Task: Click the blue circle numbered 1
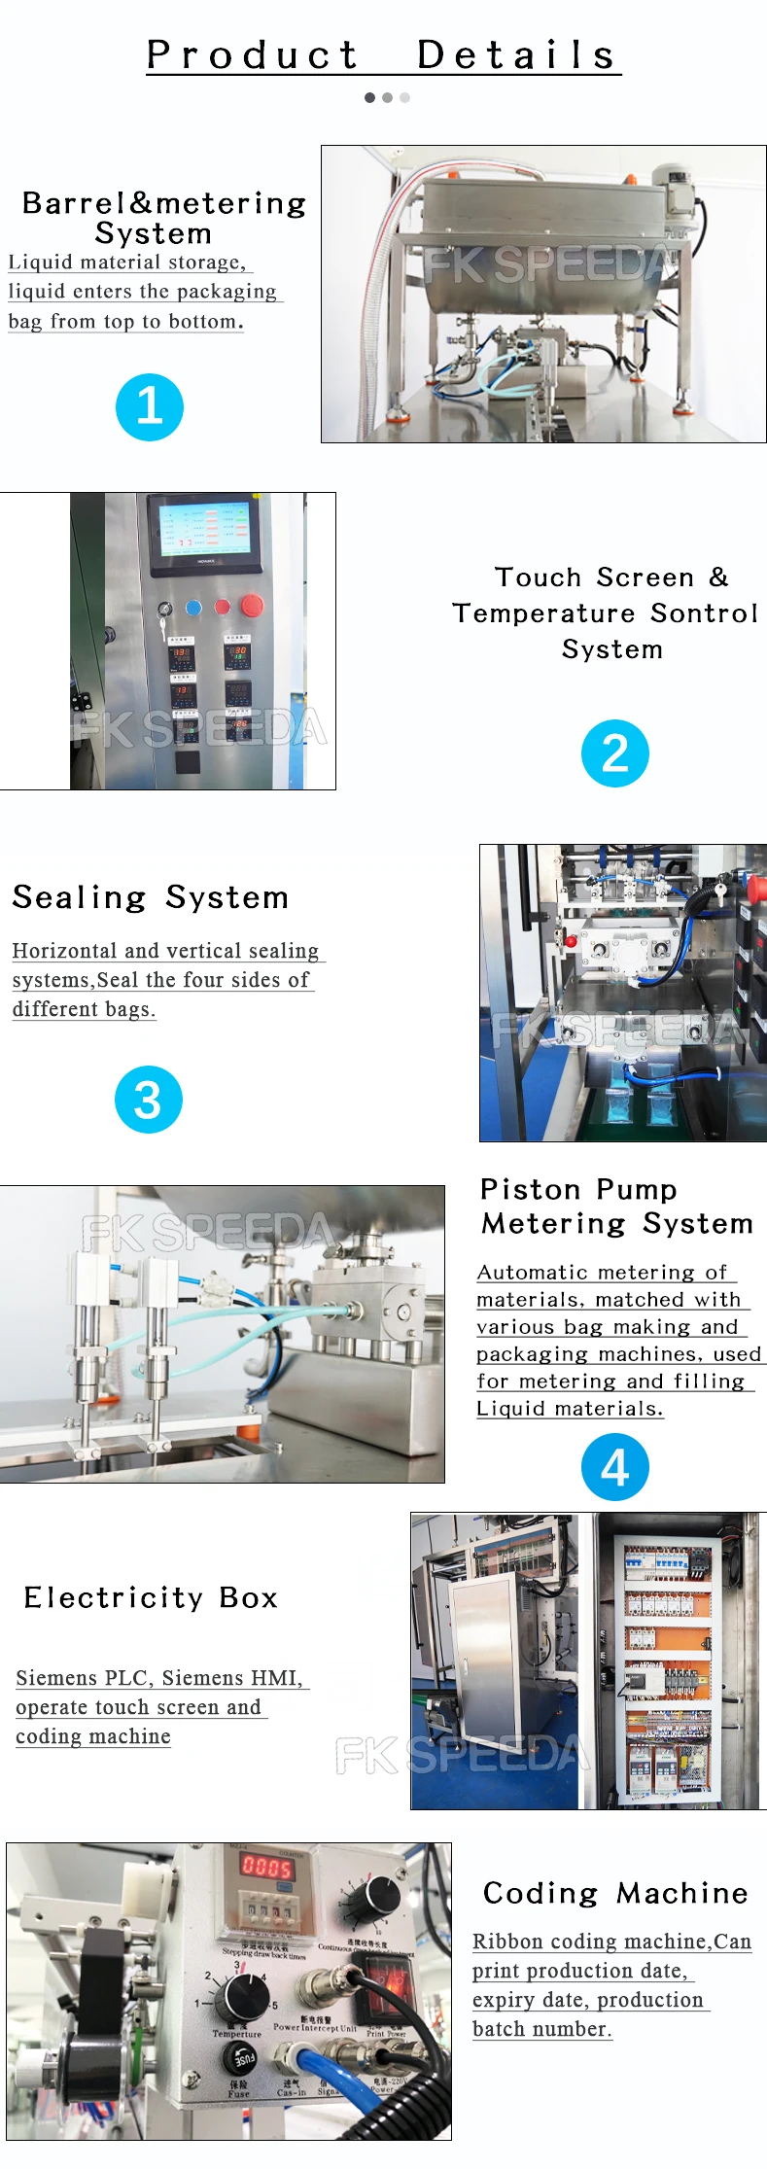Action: (x=149, y=406)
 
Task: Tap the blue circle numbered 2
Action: (x=614, y=753)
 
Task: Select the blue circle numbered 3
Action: (x=148, y=1100)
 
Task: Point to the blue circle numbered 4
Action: (x=614, y=1467)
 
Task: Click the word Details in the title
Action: (x=516, y=55)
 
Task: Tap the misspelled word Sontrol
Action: (x=704, y=613)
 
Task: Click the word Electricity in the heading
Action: (x=114, y=1598)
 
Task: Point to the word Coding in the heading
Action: (x=540, y=1893)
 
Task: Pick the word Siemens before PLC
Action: (x=56, y=1678)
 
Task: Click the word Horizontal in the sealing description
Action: (x=64, y=951)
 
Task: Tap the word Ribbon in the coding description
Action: (x=507, y=1942)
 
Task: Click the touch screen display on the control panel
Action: (x=204, y=528)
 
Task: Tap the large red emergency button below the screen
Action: (x=252, y=606)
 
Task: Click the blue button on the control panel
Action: (x=193, y=608)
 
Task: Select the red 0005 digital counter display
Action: (x=266, y=1865)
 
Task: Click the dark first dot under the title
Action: (x=369, y=97)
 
